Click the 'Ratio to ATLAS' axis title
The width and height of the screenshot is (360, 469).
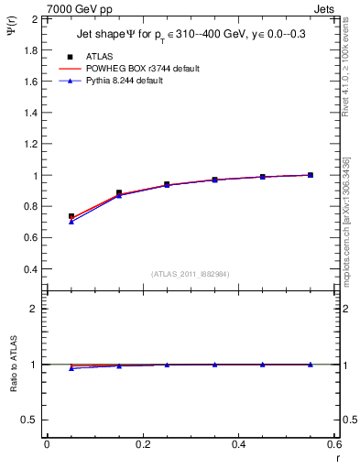(x=14, y=364)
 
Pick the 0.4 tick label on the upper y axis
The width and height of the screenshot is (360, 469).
(x=30, y=269)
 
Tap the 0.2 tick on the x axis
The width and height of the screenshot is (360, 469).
(x=142, y=444)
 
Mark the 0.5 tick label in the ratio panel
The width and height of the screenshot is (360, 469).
(x=30, y=420)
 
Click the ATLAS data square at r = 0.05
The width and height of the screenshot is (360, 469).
(x=71, y=217)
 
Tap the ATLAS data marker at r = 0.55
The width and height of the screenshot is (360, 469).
(x=311, y=175)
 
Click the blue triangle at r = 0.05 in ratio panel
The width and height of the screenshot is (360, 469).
(x=71, y=368)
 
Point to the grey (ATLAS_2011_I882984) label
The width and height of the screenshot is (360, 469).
(x=189, y=273)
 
